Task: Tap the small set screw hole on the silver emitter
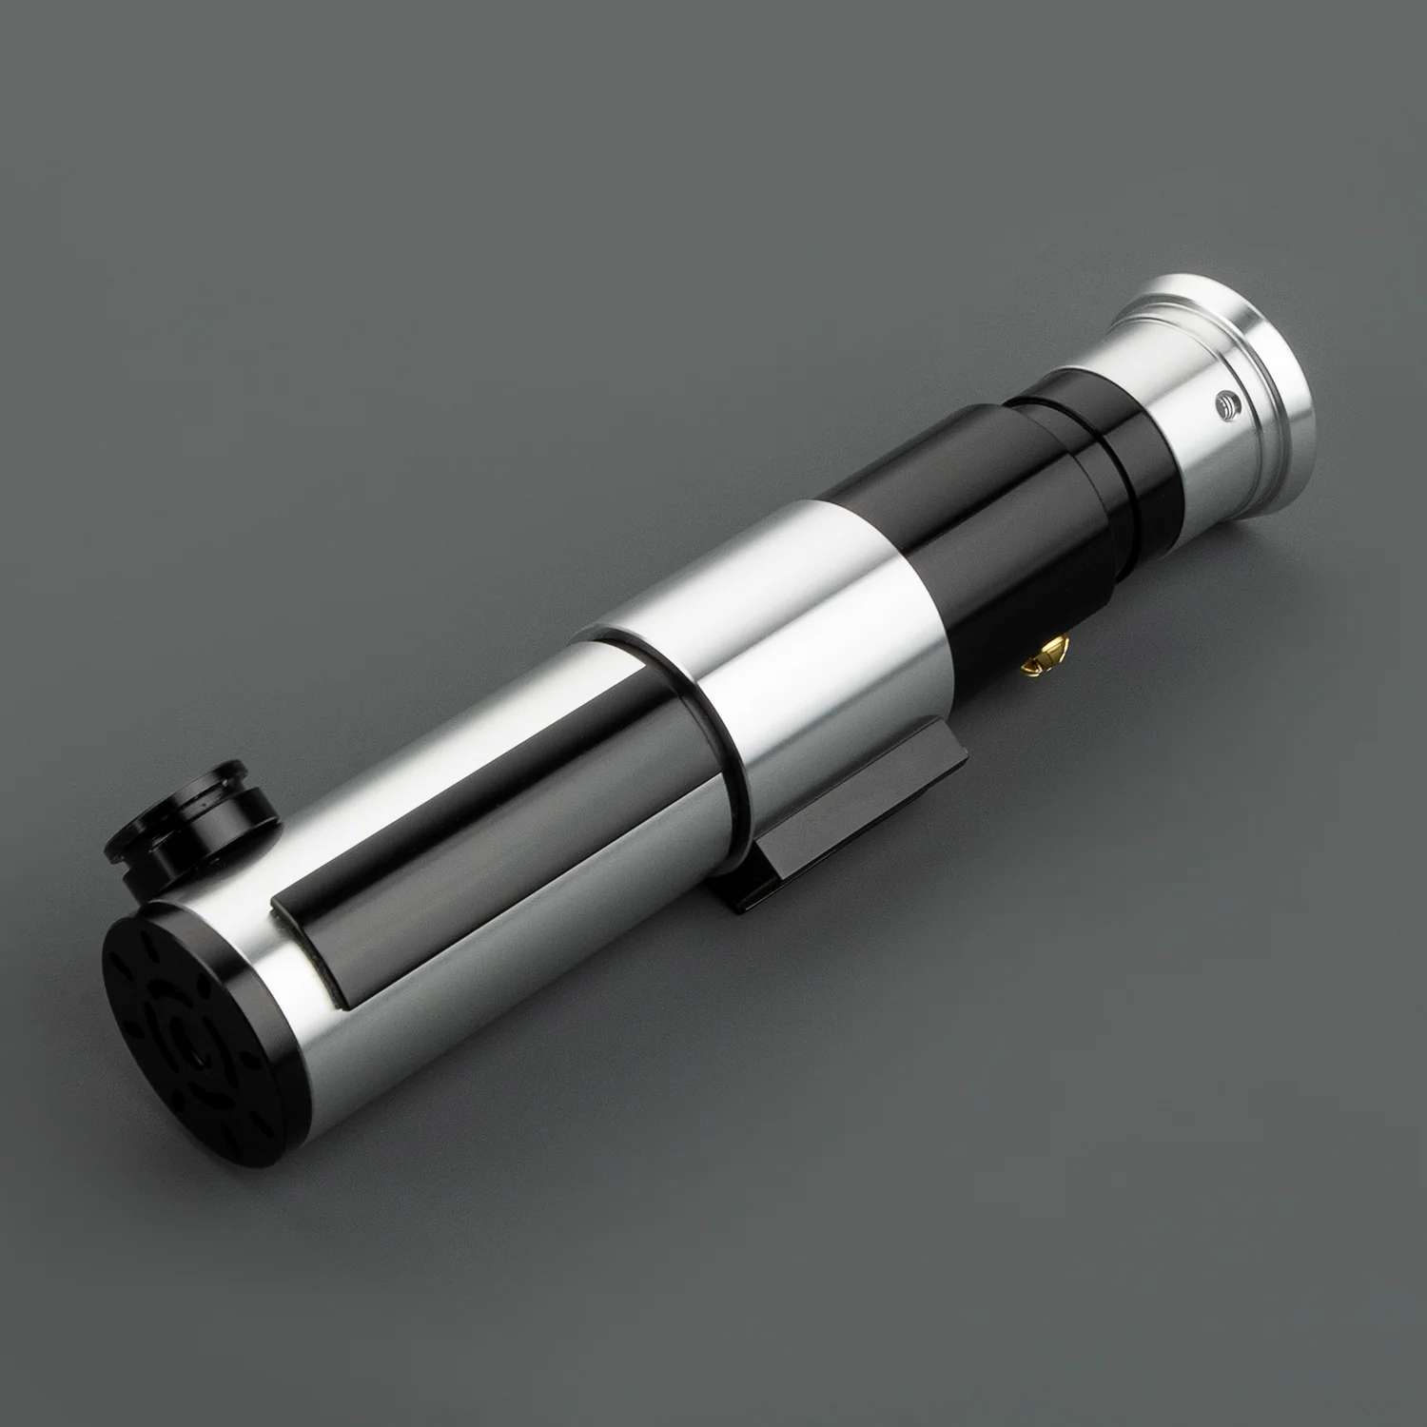pos(1228,408)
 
